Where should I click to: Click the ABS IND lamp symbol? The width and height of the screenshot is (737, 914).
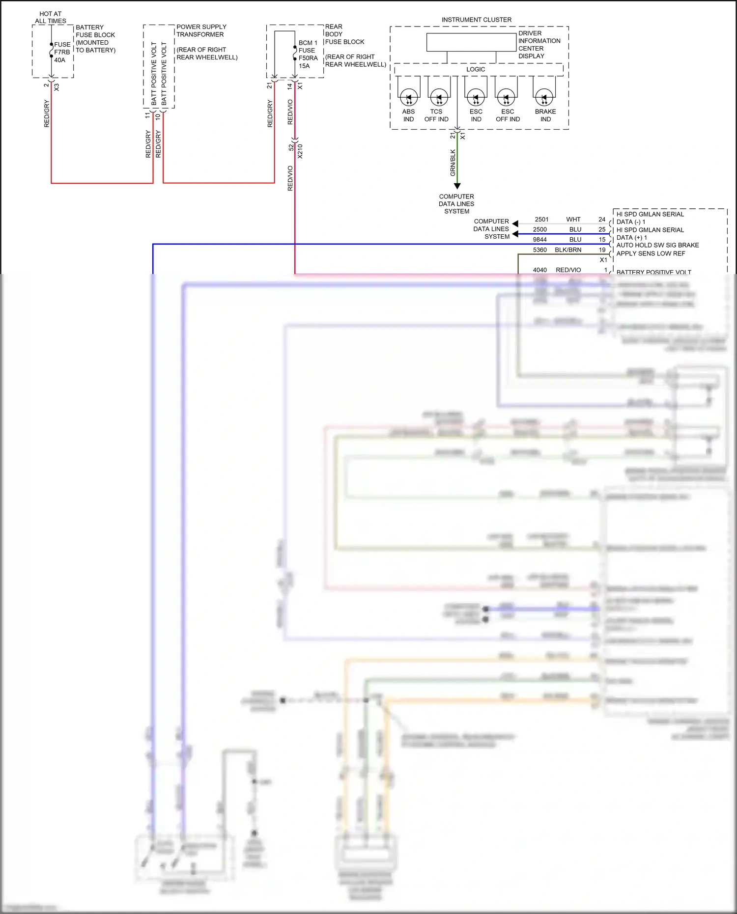pos(409,97)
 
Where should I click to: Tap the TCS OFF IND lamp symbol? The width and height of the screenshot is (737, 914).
pos(439,97)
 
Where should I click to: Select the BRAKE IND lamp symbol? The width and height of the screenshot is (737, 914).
pos(544,97)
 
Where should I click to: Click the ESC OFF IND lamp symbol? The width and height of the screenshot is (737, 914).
pos(506,97)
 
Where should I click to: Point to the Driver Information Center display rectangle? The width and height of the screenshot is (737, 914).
pos(471,42)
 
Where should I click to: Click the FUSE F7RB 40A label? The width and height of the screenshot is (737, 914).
pos(61,52)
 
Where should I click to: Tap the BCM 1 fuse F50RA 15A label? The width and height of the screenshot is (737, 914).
pos(308,54)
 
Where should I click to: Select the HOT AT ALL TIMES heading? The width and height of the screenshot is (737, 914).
pos(51,18)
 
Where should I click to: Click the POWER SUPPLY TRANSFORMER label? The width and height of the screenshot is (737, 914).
pos(201,30)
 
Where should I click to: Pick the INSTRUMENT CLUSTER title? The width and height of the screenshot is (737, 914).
pos(476,20)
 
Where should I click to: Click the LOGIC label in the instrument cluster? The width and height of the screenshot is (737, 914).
pos(476,69)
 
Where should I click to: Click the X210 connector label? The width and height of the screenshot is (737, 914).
pos(300,151)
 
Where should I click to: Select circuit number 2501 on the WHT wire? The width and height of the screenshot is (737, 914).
pos(541,220)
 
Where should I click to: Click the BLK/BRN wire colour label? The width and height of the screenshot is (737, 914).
pos(568,250)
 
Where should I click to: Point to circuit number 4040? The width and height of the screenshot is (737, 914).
pos(539,270)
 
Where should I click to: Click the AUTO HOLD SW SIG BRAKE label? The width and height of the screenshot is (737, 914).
pos(657,245)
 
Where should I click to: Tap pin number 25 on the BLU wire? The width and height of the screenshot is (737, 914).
pos(602,229)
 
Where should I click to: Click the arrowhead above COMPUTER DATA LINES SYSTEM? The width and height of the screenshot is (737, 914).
pos(457,186)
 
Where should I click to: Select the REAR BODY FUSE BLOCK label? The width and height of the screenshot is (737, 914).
pos(344,34)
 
